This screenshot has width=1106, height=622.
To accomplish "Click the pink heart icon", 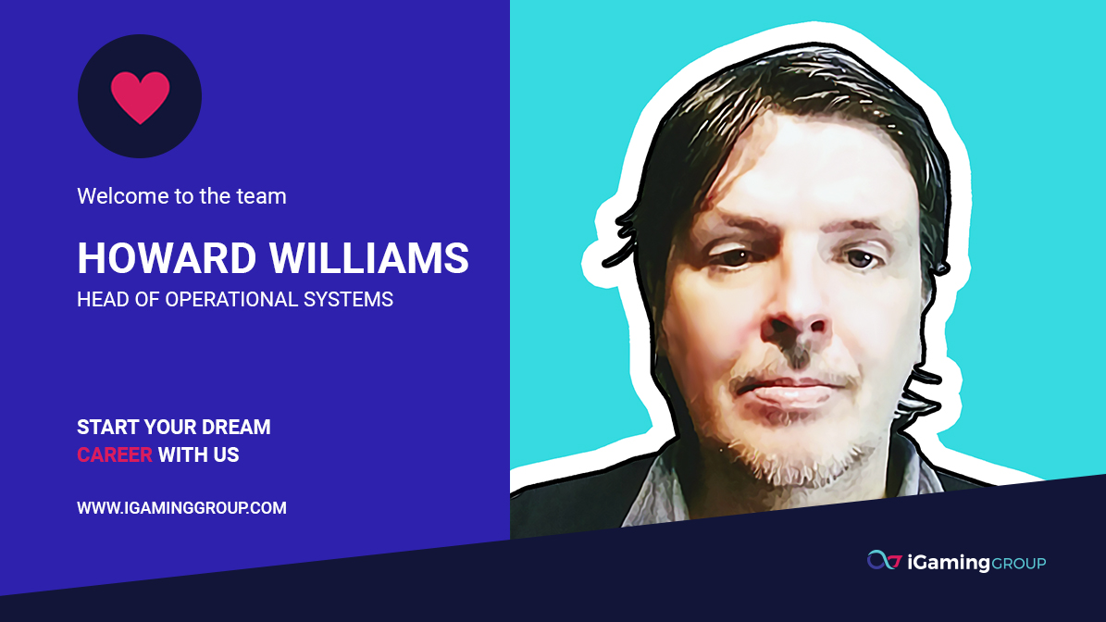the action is (141, 96).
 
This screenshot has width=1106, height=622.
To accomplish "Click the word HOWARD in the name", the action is (167, 258).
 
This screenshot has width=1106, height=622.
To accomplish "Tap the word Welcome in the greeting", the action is (112, 196).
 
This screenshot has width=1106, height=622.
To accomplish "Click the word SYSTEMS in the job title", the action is (348, 300).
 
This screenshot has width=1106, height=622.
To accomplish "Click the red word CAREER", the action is (114, 454).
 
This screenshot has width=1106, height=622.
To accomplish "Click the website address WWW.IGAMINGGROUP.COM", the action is (182, 508).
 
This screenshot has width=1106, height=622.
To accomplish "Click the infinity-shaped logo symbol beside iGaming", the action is (884, 561).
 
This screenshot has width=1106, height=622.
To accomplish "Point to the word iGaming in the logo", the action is (949, 563).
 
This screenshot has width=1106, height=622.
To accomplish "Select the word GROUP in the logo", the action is (1018, 564).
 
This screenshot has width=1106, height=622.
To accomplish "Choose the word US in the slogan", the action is (226, 454).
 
